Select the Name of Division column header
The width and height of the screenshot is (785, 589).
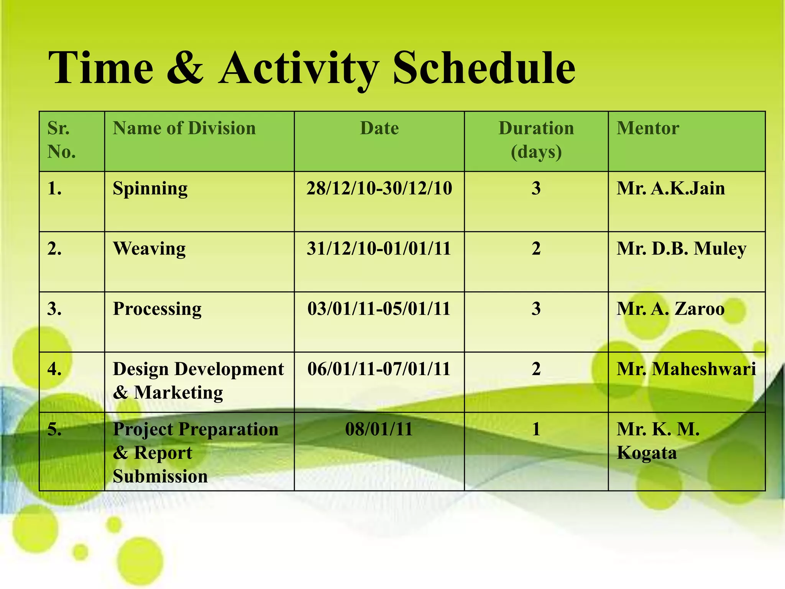184,128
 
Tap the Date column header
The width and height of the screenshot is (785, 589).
379,128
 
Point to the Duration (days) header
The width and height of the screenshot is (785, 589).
536,140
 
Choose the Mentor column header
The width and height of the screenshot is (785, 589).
647,128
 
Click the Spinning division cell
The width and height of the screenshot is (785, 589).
150,189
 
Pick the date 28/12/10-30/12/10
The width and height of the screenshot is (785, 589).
379,188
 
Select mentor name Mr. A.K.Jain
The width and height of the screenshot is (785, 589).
670,188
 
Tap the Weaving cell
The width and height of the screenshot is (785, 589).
149,248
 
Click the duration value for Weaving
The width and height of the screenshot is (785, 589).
536,248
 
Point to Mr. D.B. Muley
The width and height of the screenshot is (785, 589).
681,248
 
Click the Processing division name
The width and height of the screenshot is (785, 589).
157,309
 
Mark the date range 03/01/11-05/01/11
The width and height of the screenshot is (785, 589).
379,309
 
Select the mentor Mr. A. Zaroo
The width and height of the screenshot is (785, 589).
670,309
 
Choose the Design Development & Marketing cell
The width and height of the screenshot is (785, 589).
198,380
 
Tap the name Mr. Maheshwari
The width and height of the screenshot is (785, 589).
686,369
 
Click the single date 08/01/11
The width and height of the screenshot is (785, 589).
379,429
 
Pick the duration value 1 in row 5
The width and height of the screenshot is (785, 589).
536,429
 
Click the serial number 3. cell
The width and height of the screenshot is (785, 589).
54,309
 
